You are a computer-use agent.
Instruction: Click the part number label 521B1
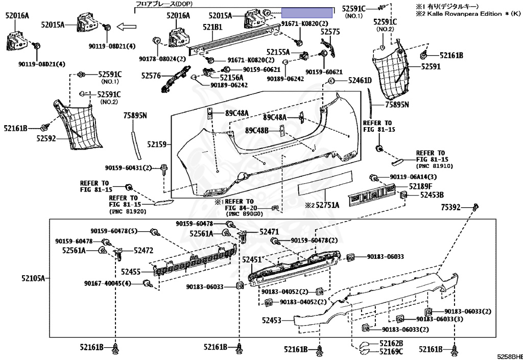pos(212,27)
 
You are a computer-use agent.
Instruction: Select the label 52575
pos(330,32)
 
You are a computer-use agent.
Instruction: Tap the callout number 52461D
pos(360,80)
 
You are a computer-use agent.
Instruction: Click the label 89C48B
pos(256,130)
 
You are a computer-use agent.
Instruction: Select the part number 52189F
pos(420,186)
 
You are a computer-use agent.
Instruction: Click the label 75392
pos(451,207)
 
